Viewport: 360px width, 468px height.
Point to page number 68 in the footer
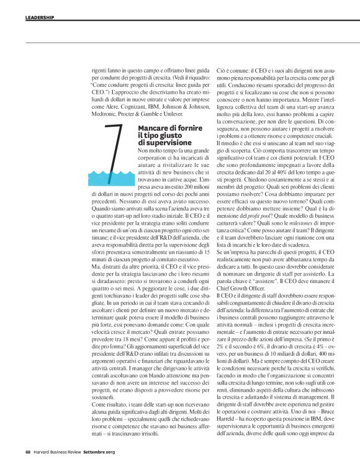[x=29, y=461]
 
